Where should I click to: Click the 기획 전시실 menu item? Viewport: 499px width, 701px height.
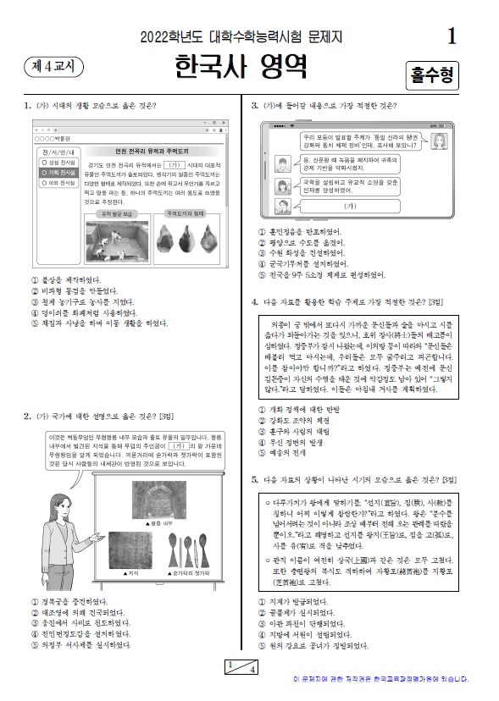pyautogui.click(x=56, y=172)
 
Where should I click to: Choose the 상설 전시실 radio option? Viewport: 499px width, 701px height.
pyautogui.click(x=56, y=162)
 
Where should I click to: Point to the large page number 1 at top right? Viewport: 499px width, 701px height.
pyautogui.click(x=451, y=36)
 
